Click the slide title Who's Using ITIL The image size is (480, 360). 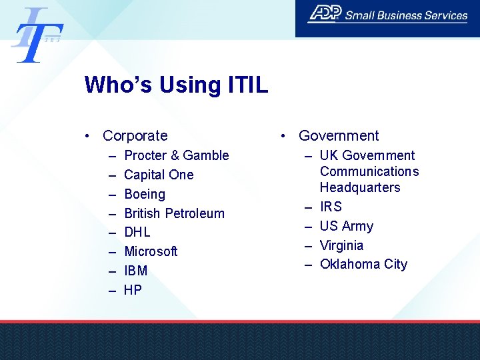pos(176,85)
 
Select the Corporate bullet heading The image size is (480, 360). pos(135,136)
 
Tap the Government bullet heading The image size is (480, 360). pos(338,136)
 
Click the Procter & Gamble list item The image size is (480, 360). pos(176,155)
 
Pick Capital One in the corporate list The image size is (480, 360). pos(159,175)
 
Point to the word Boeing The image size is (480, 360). pos(145,194)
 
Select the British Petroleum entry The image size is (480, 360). pos(174,213)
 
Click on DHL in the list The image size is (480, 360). pos(137,232)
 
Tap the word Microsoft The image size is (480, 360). pos(151,251)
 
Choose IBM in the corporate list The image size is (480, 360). pos(136,271)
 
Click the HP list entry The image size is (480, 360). pos(133,290)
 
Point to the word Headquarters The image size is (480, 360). pos(359,187)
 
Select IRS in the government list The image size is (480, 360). pos(331,207)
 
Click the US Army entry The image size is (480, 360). pos(346,226)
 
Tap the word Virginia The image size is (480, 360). pos(341,245)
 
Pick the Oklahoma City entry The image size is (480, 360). pos(363,264)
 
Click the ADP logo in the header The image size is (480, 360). pos(325,14)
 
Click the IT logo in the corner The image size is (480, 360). pos(37,35)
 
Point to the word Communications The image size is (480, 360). pos(369,171)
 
